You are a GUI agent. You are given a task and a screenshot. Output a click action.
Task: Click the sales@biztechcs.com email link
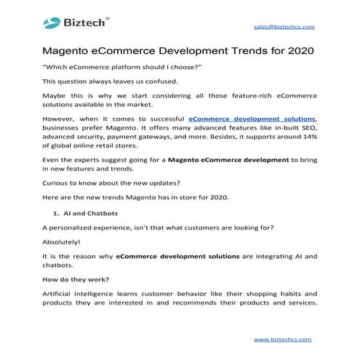(284, 26)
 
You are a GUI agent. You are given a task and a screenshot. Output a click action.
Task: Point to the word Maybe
(57, 97)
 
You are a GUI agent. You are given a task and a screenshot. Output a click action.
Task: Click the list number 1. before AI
(56, 214)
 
